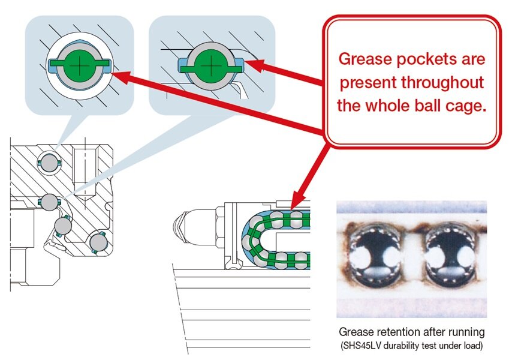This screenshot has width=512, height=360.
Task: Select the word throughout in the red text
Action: point(440,82)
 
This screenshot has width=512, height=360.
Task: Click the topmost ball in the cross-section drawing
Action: point(47,161)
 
